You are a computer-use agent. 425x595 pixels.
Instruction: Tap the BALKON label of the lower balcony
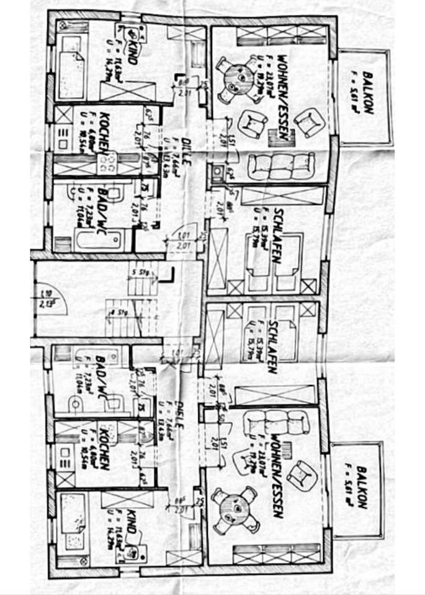[x=362, y=487]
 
